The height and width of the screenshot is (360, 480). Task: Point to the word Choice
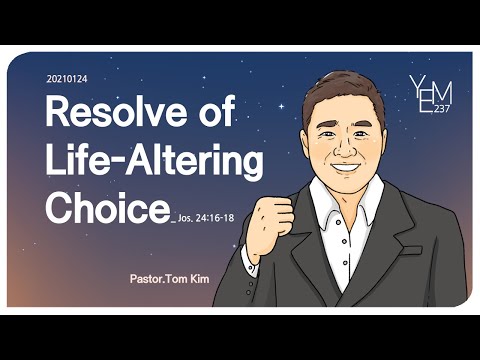(x=106, y=209)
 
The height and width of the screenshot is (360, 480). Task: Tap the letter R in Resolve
(x=59, y=114)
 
